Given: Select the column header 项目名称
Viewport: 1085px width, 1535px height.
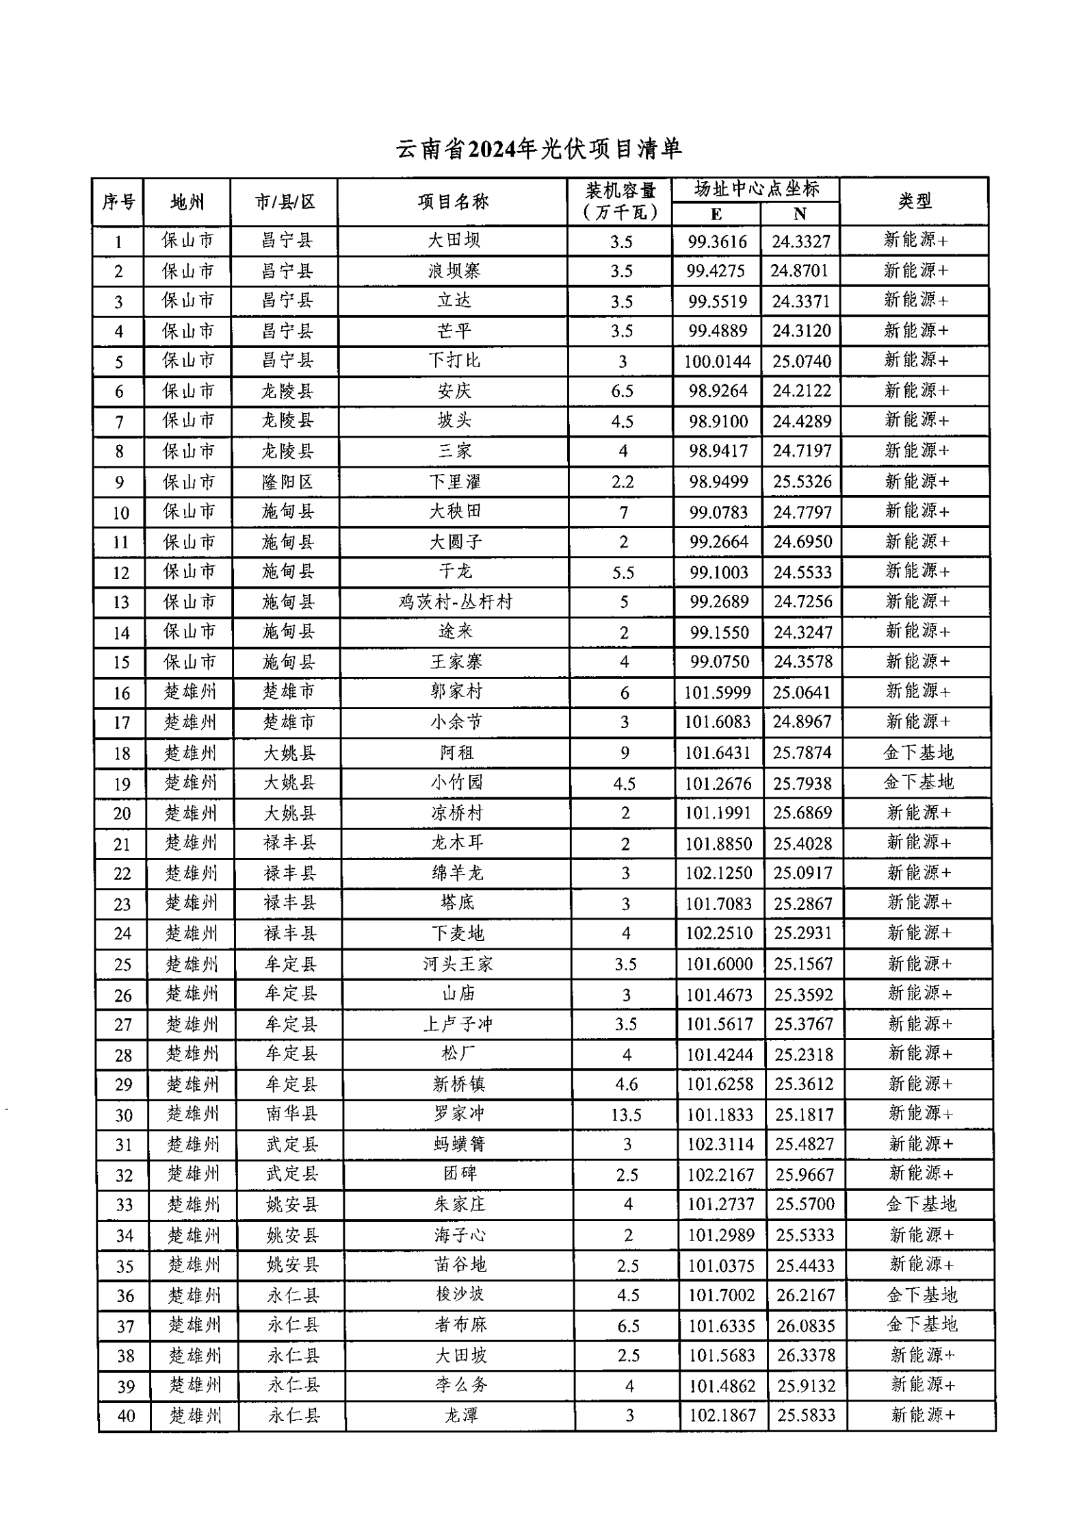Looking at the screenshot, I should click(x=453, y=202).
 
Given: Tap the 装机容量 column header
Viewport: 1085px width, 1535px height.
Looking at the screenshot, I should click(x=620, y=201).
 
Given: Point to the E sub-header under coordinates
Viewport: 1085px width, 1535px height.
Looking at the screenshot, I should click(x=716, y=215).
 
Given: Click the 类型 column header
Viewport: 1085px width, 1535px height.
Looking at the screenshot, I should click(x=915, y=201).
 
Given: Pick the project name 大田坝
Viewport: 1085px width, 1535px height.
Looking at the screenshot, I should click(x=454, y=240).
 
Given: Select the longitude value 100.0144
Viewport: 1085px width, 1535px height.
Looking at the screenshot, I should click(x=718, y=361).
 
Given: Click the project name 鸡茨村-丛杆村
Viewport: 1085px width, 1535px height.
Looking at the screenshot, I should click(x=455, y=602).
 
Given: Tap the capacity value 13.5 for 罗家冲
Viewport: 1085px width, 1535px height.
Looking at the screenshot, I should click(x=626, y=1115).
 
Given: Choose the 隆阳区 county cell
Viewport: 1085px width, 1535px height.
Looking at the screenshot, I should click(x=287, y=482).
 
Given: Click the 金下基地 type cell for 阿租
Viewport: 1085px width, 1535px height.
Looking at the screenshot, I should click(x=918, y=753).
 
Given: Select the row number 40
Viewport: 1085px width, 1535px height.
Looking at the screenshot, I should click(x=126, y=1415).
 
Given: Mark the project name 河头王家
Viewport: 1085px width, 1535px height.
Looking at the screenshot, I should click(x=458, y=964).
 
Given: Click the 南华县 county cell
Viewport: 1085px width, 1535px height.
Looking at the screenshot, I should click(x=291, y=1114).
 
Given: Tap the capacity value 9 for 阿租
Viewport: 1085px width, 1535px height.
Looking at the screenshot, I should click(x=625, y=753).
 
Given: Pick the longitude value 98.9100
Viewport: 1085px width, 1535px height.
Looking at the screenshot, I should click(x=718, y=421).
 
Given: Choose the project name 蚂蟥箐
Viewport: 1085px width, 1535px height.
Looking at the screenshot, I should click(x=459, y=1144).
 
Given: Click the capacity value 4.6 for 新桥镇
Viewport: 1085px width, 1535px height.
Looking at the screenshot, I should click(x=626, y=1084).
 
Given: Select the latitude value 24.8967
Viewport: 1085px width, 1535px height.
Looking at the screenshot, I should click(x=802, y=722).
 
